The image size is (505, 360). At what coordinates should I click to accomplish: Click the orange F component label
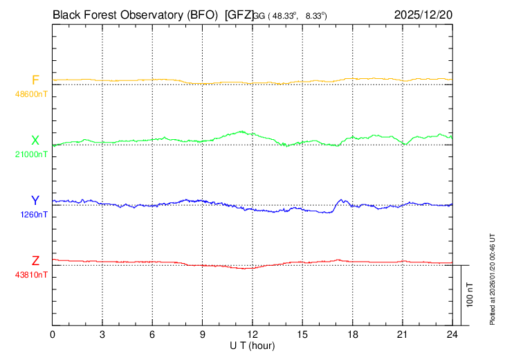[x=35, y=80]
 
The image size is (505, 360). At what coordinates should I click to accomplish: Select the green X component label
[x=35, y=141]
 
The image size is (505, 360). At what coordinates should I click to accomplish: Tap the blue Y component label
[x=35, y=201]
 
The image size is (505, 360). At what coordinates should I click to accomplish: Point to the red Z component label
[x=35, y=261]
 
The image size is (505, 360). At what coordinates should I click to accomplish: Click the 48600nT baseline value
[x=32, y=93]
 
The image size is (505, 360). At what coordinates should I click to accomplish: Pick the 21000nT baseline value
[x=32, y=154]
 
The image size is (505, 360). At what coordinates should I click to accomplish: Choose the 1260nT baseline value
[x=33, y=214]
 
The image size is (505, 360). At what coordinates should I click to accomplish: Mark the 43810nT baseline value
[x=32, y=274]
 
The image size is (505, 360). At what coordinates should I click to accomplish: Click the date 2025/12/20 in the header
[x=423, y=14]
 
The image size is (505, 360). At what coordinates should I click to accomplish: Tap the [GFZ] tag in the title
[x=239, y=14]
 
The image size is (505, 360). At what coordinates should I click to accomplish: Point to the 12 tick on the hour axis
[x=252, y=334]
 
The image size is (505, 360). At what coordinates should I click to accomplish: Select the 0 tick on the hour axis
[x=53, y=334]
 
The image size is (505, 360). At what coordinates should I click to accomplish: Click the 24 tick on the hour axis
[x=452, y=334]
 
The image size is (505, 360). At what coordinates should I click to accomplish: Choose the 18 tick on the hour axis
[x=352, y=334]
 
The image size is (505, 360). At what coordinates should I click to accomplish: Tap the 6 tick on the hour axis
[x=153, y=334]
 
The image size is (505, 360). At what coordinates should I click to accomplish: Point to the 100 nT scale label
[x=470, y=294]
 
